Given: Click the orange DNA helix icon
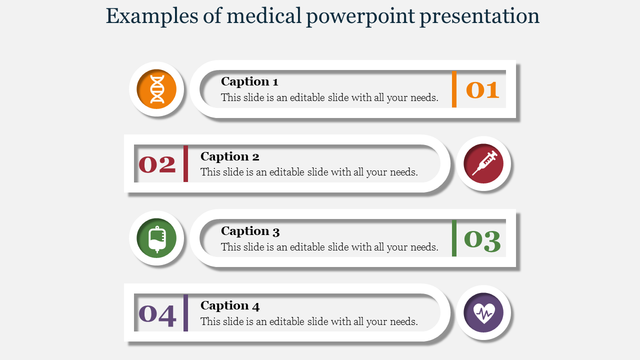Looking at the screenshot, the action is coord(157,89).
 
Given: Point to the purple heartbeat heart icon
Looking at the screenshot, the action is coord(483,313).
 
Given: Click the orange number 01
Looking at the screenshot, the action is coord(482,90).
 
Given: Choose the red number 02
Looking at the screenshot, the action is coord(157,164).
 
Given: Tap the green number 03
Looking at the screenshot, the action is coord(482,241).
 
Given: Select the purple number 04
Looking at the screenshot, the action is coord(157,315).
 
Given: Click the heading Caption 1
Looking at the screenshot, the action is coord(249,81).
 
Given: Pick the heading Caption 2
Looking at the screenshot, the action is coord(229,156).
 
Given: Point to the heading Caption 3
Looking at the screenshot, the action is coord(250,231).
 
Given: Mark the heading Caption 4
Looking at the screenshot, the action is coord(230,305).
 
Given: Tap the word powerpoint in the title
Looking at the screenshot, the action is coord(360,16).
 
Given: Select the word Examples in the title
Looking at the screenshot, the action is coord(152,16).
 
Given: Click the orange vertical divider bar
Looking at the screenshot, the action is coord(454,89).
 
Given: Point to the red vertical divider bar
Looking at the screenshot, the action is coord(185,163).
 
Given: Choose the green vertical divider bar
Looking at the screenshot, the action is coord(454,238).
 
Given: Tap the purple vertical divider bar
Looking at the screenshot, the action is coord(185,313).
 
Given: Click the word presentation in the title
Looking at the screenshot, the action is coord(479,16).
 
